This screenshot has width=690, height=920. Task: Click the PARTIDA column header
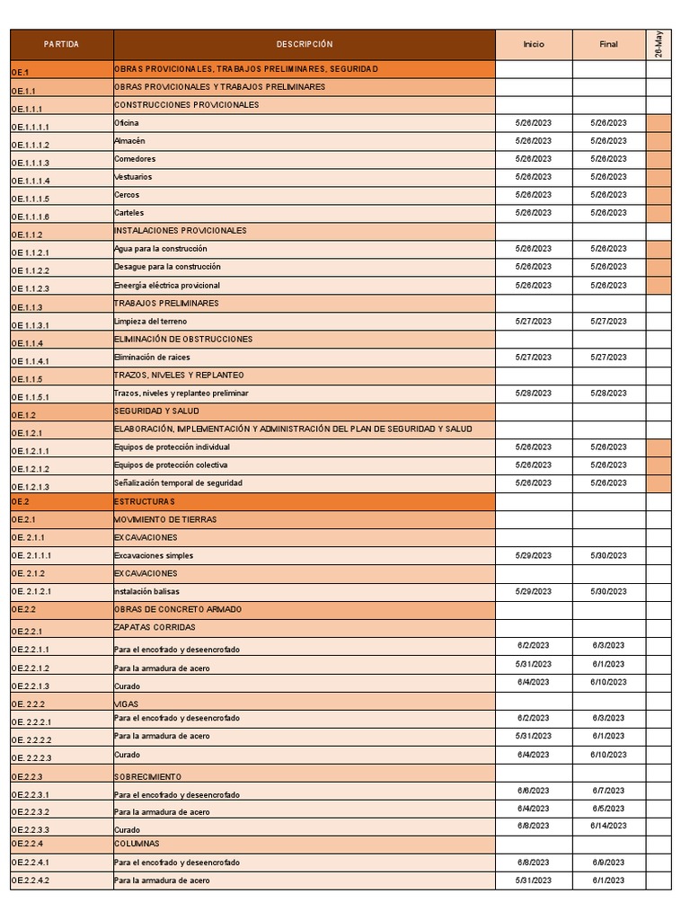[x=61, y=44]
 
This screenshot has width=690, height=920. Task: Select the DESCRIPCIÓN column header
[x=304, y=44]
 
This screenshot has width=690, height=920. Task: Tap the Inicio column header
[x=534, y=44]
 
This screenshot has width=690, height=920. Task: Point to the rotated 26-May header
[x=659, y=44]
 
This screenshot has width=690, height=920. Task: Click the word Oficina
[x=127, y=123]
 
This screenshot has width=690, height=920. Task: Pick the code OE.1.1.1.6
[x=31, y=217]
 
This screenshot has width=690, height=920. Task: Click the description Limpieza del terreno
[x=150, y=321]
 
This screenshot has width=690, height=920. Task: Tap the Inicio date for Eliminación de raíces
[x=534, y=357]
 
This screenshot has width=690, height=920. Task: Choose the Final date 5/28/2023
[x=608, y=393]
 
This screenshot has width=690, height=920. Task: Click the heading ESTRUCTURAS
[x=144, y=501]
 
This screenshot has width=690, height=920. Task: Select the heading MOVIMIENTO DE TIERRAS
[x=164, y=519]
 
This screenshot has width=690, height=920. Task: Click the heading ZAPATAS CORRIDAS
[x=155, y=627]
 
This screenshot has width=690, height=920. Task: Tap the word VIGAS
[x=126, y=703]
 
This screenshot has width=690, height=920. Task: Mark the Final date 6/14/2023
[x=608, y=826]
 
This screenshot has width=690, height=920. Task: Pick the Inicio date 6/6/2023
[x=534, y=790]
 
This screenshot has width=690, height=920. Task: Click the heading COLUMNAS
[x=137, y=844]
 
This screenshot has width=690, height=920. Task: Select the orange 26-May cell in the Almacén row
[x=659, y=141]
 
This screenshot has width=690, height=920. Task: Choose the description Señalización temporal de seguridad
[x=178, y=483]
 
